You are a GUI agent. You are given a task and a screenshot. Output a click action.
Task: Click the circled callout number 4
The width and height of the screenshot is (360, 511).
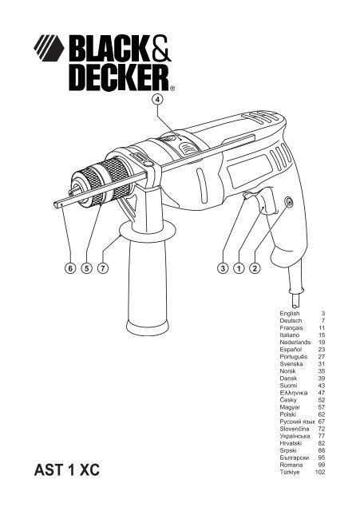coord(157,99)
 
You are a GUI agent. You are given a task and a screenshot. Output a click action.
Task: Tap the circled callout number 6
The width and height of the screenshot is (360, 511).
coord(70,268)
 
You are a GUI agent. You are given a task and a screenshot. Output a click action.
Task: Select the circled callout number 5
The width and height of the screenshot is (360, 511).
coord(87,268)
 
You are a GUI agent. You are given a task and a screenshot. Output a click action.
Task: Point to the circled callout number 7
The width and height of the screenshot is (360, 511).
coord(103,268)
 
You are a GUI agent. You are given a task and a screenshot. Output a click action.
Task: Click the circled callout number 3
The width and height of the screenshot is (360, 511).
coord(223,268)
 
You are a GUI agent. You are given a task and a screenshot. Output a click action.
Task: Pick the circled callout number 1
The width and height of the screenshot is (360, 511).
coord(239,268)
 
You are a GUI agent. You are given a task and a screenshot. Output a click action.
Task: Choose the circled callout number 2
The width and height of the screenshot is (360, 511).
coord(255,268)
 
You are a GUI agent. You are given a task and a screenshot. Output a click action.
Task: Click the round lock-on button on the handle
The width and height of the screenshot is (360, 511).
coord(289,202)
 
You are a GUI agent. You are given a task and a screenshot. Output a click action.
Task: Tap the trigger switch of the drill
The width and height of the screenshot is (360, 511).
coord(267,202)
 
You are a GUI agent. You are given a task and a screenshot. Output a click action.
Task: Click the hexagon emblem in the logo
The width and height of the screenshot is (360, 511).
coord(49,48)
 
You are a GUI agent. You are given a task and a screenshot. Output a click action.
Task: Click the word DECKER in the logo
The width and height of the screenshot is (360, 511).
coord(119,77)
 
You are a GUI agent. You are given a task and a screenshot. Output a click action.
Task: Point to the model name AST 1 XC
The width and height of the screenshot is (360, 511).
coord(67,470)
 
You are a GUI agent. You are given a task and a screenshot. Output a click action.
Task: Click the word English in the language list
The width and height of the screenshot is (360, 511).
coord(289,314)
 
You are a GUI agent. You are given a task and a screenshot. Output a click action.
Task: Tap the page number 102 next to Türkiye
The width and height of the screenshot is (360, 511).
coord(320,472)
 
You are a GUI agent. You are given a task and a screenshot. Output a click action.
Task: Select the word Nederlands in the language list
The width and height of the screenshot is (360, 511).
coord(295,343)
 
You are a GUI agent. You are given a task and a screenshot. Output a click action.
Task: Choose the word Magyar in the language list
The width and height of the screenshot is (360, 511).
coord(290,407)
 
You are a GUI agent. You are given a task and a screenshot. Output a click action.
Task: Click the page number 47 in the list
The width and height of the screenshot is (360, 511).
coord(322,393)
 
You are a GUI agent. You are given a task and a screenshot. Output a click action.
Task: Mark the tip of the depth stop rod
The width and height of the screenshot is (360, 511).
coord(55,204)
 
